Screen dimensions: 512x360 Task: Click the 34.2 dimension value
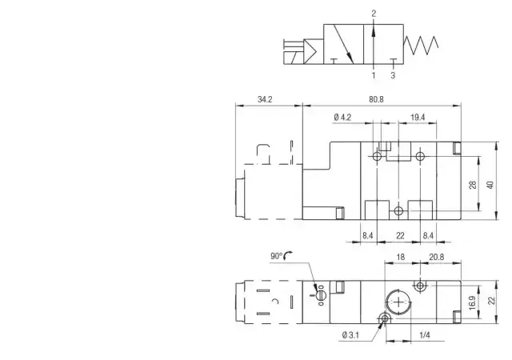coord(265,99)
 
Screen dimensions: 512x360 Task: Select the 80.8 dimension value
coord(376,99)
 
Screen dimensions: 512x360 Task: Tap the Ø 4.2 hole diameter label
coord(342,118)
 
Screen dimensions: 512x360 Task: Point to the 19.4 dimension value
coord(418,118)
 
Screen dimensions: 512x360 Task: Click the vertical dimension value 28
coord(473,185)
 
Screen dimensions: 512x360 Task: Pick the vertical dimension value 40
coord(490,185)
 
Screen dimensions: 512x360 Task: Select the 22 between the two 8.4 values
coord(400,235)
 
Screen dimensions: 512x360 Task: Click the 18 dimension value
coord(400,257)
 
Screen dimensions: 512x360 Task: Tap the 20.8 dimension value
coord(437,257)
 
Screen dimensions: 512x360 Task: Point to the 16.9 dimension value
coord(473,303)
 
